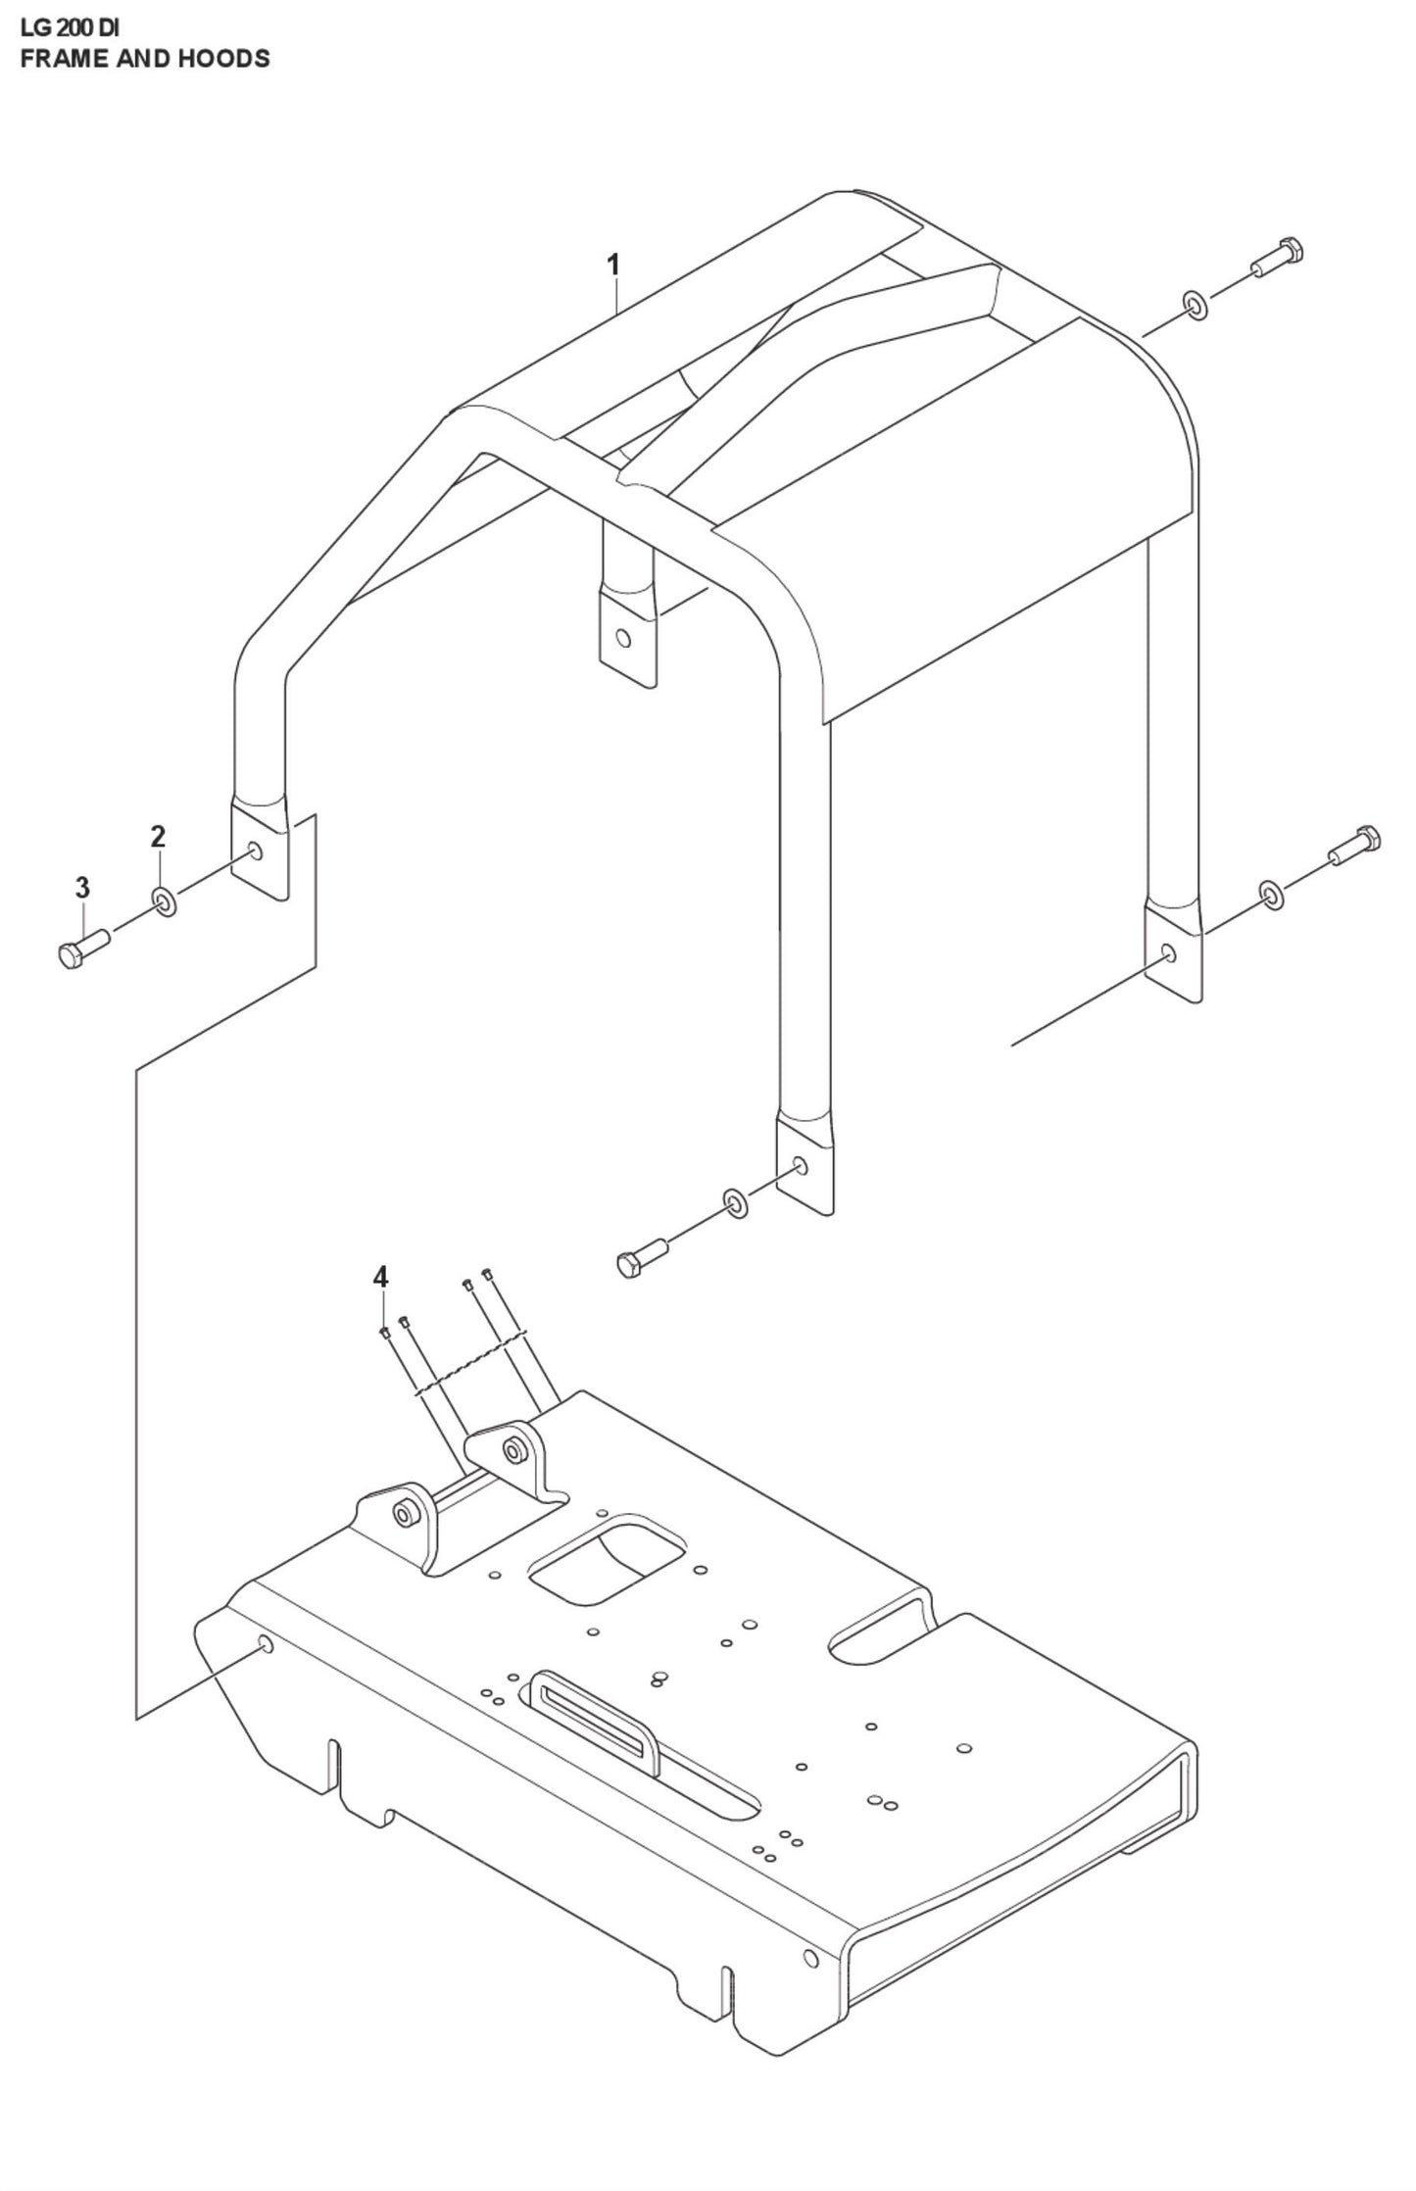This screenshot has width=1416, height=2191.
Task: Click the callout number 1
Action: [x=613, y=265]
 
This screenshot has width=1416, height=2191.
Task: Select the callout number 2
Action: [x=158, y=837]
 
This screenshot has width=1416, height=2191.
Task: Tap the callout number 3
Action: [x=82, y=888]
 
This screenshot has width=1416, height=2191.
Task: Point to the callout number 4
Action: [x=380, y=1278]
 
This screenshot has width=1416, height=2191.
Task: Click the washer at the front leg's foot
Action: [x=735, y=1202]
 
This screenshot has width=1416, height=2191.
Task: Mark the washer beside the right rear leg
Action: [x=1271, y=894]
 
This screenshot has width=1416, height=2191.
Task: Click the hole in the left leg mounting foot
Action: [x=256, y=850]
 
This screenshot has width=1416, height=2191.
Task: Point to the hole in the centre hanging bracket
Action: [x=621, y=640]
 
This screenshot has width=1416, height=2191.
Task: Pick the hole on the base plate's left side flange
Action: [x=265, y=1643]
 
